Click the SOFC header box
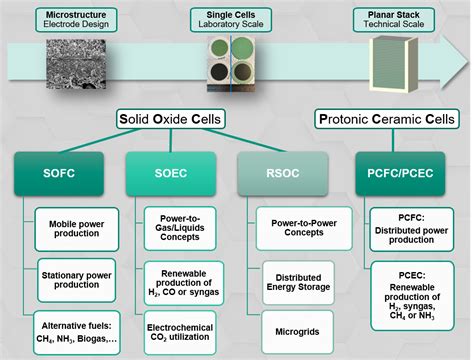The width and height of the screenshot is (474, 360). point(59,173)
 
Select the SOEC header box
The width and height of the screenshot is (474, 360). point(171,173)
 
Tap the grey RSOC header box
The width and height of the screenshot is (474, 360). point(283,173)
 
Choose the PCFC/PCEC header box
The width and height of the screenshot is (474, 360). point(400,173)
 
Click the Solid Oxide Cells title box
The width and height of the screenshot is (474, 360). point(170,119)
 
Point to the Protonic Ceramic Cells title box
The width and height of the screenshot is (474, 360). point(387,119)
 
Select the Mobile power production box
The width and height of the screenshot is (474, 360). point(77,229)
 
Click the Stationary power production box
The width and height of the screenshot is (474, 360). point(77,280)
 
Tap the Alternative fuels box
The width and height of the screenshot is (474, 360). point(77,332)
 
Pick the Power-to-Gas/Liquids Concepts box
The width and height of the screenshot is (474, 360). point(180,228)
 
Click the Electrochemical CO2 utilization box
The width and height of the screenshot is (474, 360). point(180,332)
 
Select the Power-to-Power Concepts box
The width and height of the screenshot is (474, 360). point(304,228)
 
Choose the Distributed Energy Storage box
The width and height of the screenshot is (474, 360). point(298,283)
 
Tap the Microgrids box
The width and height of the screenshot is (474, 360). point(297,332)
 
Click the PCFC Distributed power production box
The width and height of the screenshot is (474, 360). point(412,229)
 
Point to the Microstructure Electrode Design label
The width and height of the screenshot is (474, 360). point(76,20)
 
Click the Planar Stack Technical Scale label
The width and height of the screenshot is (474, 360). point(394,20)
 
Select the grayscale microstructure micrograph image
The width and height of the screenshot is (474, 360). point(76,64)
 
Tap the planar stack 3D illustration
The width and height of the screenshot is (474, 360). point(393,64)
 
